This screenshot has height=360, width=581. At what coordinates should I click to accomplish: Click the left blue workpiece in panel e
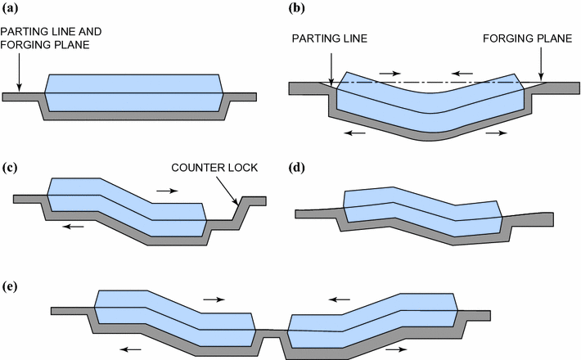[x=176, y=315]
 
